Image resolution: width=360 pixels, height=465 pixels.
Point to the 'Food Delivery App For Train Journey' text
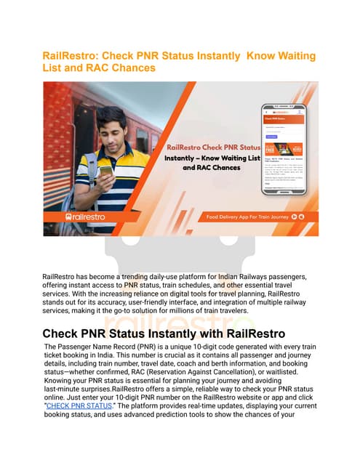246,217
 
